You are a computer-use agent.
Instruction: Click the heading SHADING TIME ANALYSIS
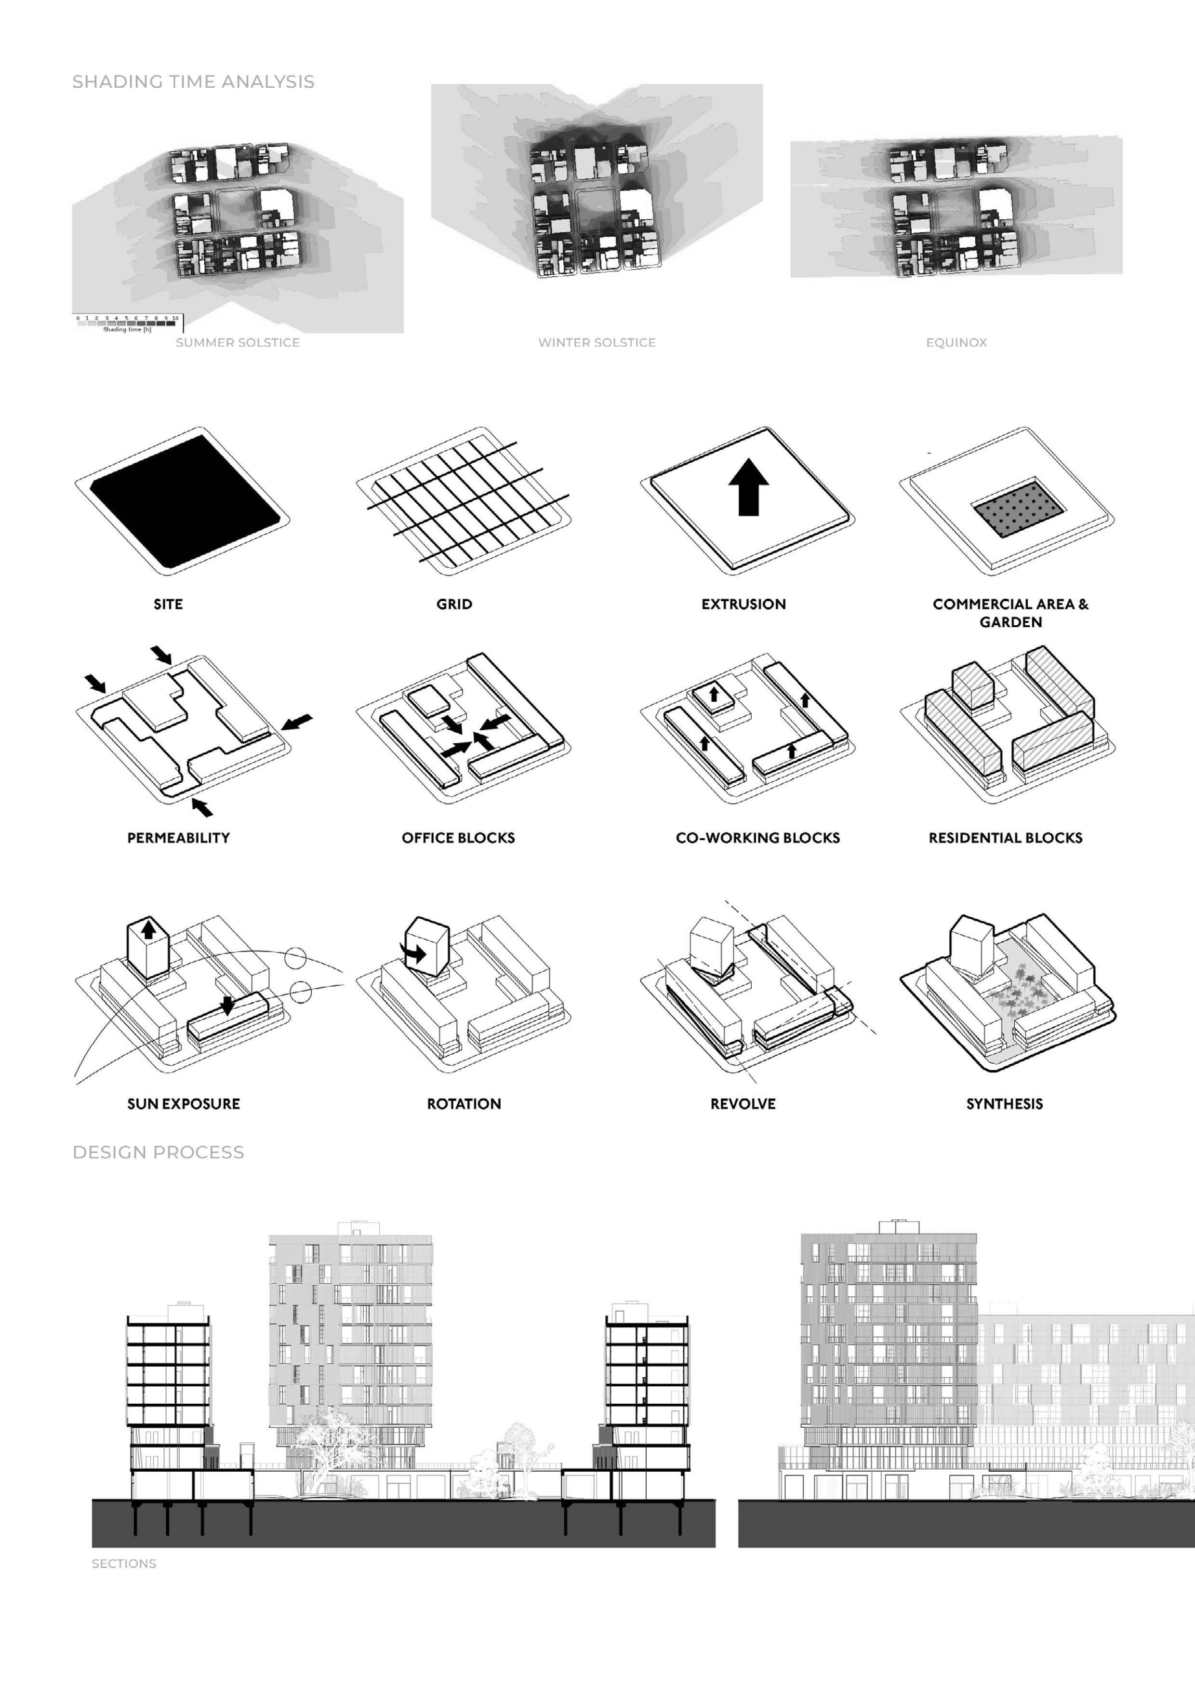point(193,82)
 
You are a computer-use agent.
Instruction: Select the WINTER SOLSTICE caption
point(597,342)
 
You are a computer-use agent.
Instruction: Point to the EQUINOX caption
point(956,342)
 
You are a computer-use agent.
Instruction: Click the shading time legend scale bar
point(127,322)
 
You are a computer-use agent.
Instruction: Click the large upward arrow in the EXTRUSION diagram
point(749,487)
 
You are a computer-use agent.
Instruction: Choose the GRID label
point(454,604)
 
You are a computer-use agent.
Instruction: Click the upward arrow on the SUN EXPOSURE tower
point(149,929)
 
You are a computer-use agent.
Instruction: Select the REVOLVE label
point(743,1103)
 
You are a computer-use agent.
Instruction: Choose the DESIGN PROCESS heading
point(159,1152)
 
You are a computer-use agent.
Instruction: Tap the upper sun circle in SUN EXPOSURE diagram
point(295,957)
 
